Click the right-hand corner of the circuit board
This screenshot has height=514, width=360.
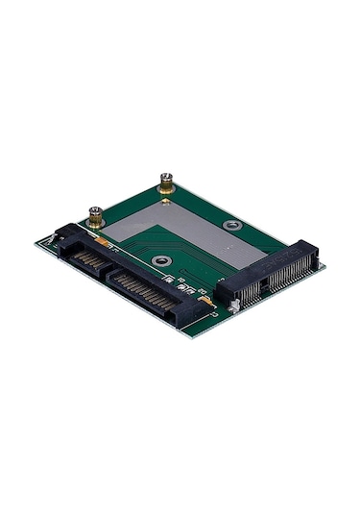pyautogui.click(x=324, y=266)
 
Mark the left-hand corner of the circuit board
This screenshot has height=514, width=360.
pyautogui.click(x=36, y=242)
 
